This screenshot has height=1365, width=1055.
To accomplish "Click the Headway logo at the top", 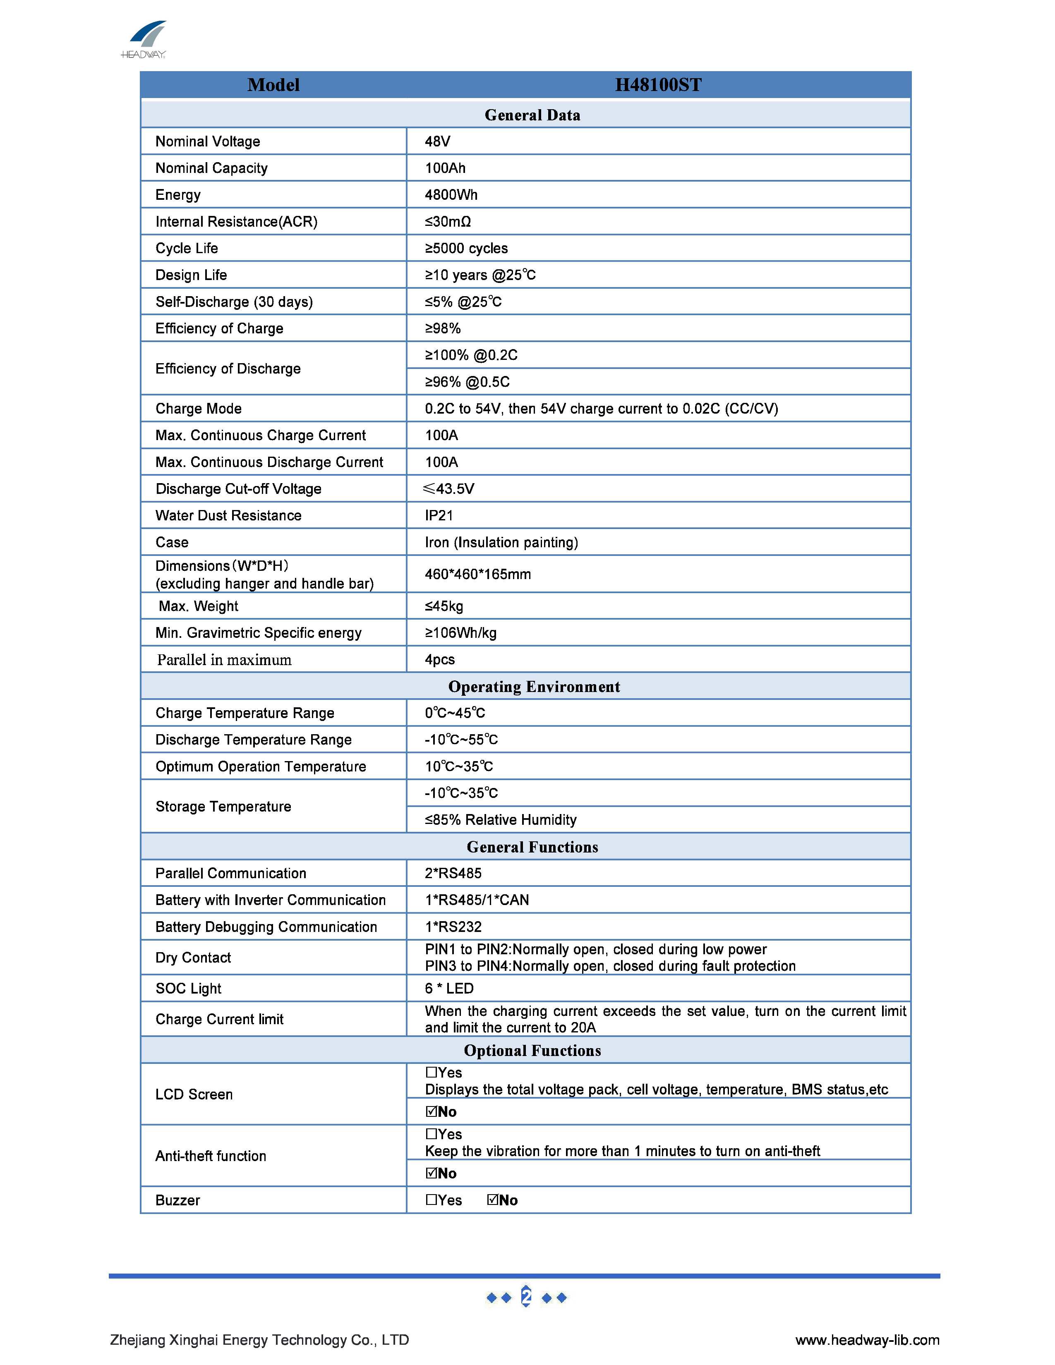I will click(144, 39).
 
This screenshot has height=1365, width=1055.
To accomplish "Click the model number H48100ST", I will click(658, 85).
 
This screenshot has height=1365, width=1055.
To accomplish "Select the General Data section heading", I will click(532, 115).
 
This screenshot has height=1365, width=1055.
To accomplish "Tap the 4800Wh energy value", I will click(451, 195).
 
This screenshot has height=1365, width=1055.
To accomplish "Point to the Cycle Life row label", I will click(186, 248).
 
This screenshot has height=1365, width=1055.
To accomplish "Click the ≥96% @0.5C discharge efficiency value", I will click(467, 382).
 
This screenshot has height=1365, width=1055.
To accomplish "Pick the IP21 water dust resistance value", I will click(439, 516).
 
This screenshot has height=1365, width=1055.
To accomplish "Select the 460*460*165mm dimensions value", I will click(477, 575).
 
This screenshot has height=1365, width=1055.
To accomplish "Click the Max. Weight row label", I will click(198, 606).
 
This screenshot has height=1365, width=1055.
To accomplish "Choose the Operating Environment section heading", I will click(534, 687).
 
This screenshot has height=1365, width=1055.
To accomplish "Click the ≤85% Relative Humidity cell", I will click(500, 820).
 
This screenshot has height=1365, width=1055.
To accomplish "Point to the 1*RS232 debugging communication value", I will click(453, 927).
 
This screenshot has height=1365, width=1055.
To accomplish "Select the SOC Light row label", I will click(188, 989).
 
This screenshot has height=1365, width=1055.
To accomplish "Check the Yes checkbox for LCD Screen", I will click(431, 1073).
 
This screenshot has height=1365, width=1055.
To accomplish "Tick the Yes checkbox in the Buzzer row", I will click(431, 1200).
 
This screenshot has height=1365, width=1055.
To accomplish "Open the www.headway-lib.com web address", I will click(867, 1340).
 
